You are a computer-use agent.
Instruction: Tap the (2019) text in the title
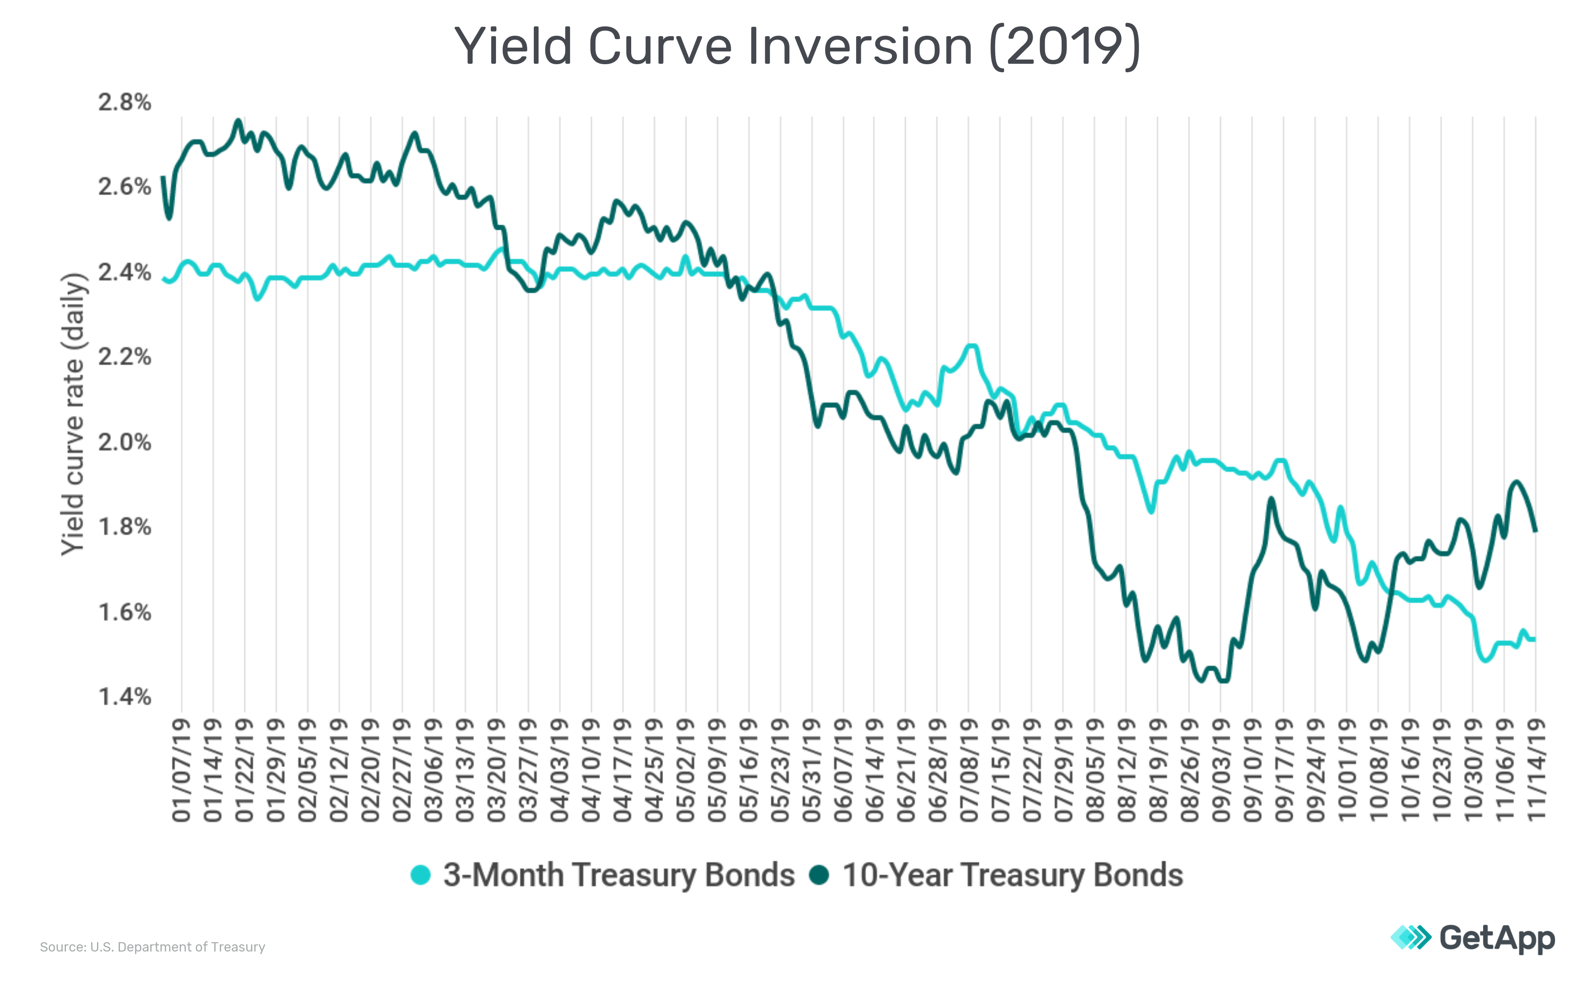(1065, 47)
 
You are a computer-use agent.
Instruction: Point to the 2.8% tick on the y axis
(124, 102)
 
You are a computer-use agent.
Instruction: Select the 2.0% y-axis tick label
(124, 442)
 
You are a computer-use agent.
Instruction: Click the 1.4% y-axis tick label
(124, 697)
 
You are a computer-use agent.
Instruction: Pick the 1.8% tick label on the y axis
(124, 527)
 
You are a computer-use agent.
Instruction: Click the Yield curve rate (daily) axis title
(73, 414)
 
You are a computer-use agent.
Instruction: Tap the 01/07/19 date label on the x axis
(182, 770)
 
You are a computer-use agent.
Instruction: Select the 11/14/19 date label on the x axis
(1536, 770)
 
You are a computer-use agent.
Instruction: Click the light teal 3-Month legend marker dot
(421, 875)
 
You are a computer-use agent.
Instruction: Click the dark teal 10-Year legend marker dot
(819, 875)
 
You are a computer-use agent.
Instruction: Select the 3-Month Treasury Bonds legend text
(618, 875)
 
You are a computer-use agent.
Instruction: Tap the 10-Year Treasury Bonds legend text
(1012, 875)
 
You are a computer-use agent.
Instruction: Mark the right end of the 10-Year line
(1535, 531)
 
